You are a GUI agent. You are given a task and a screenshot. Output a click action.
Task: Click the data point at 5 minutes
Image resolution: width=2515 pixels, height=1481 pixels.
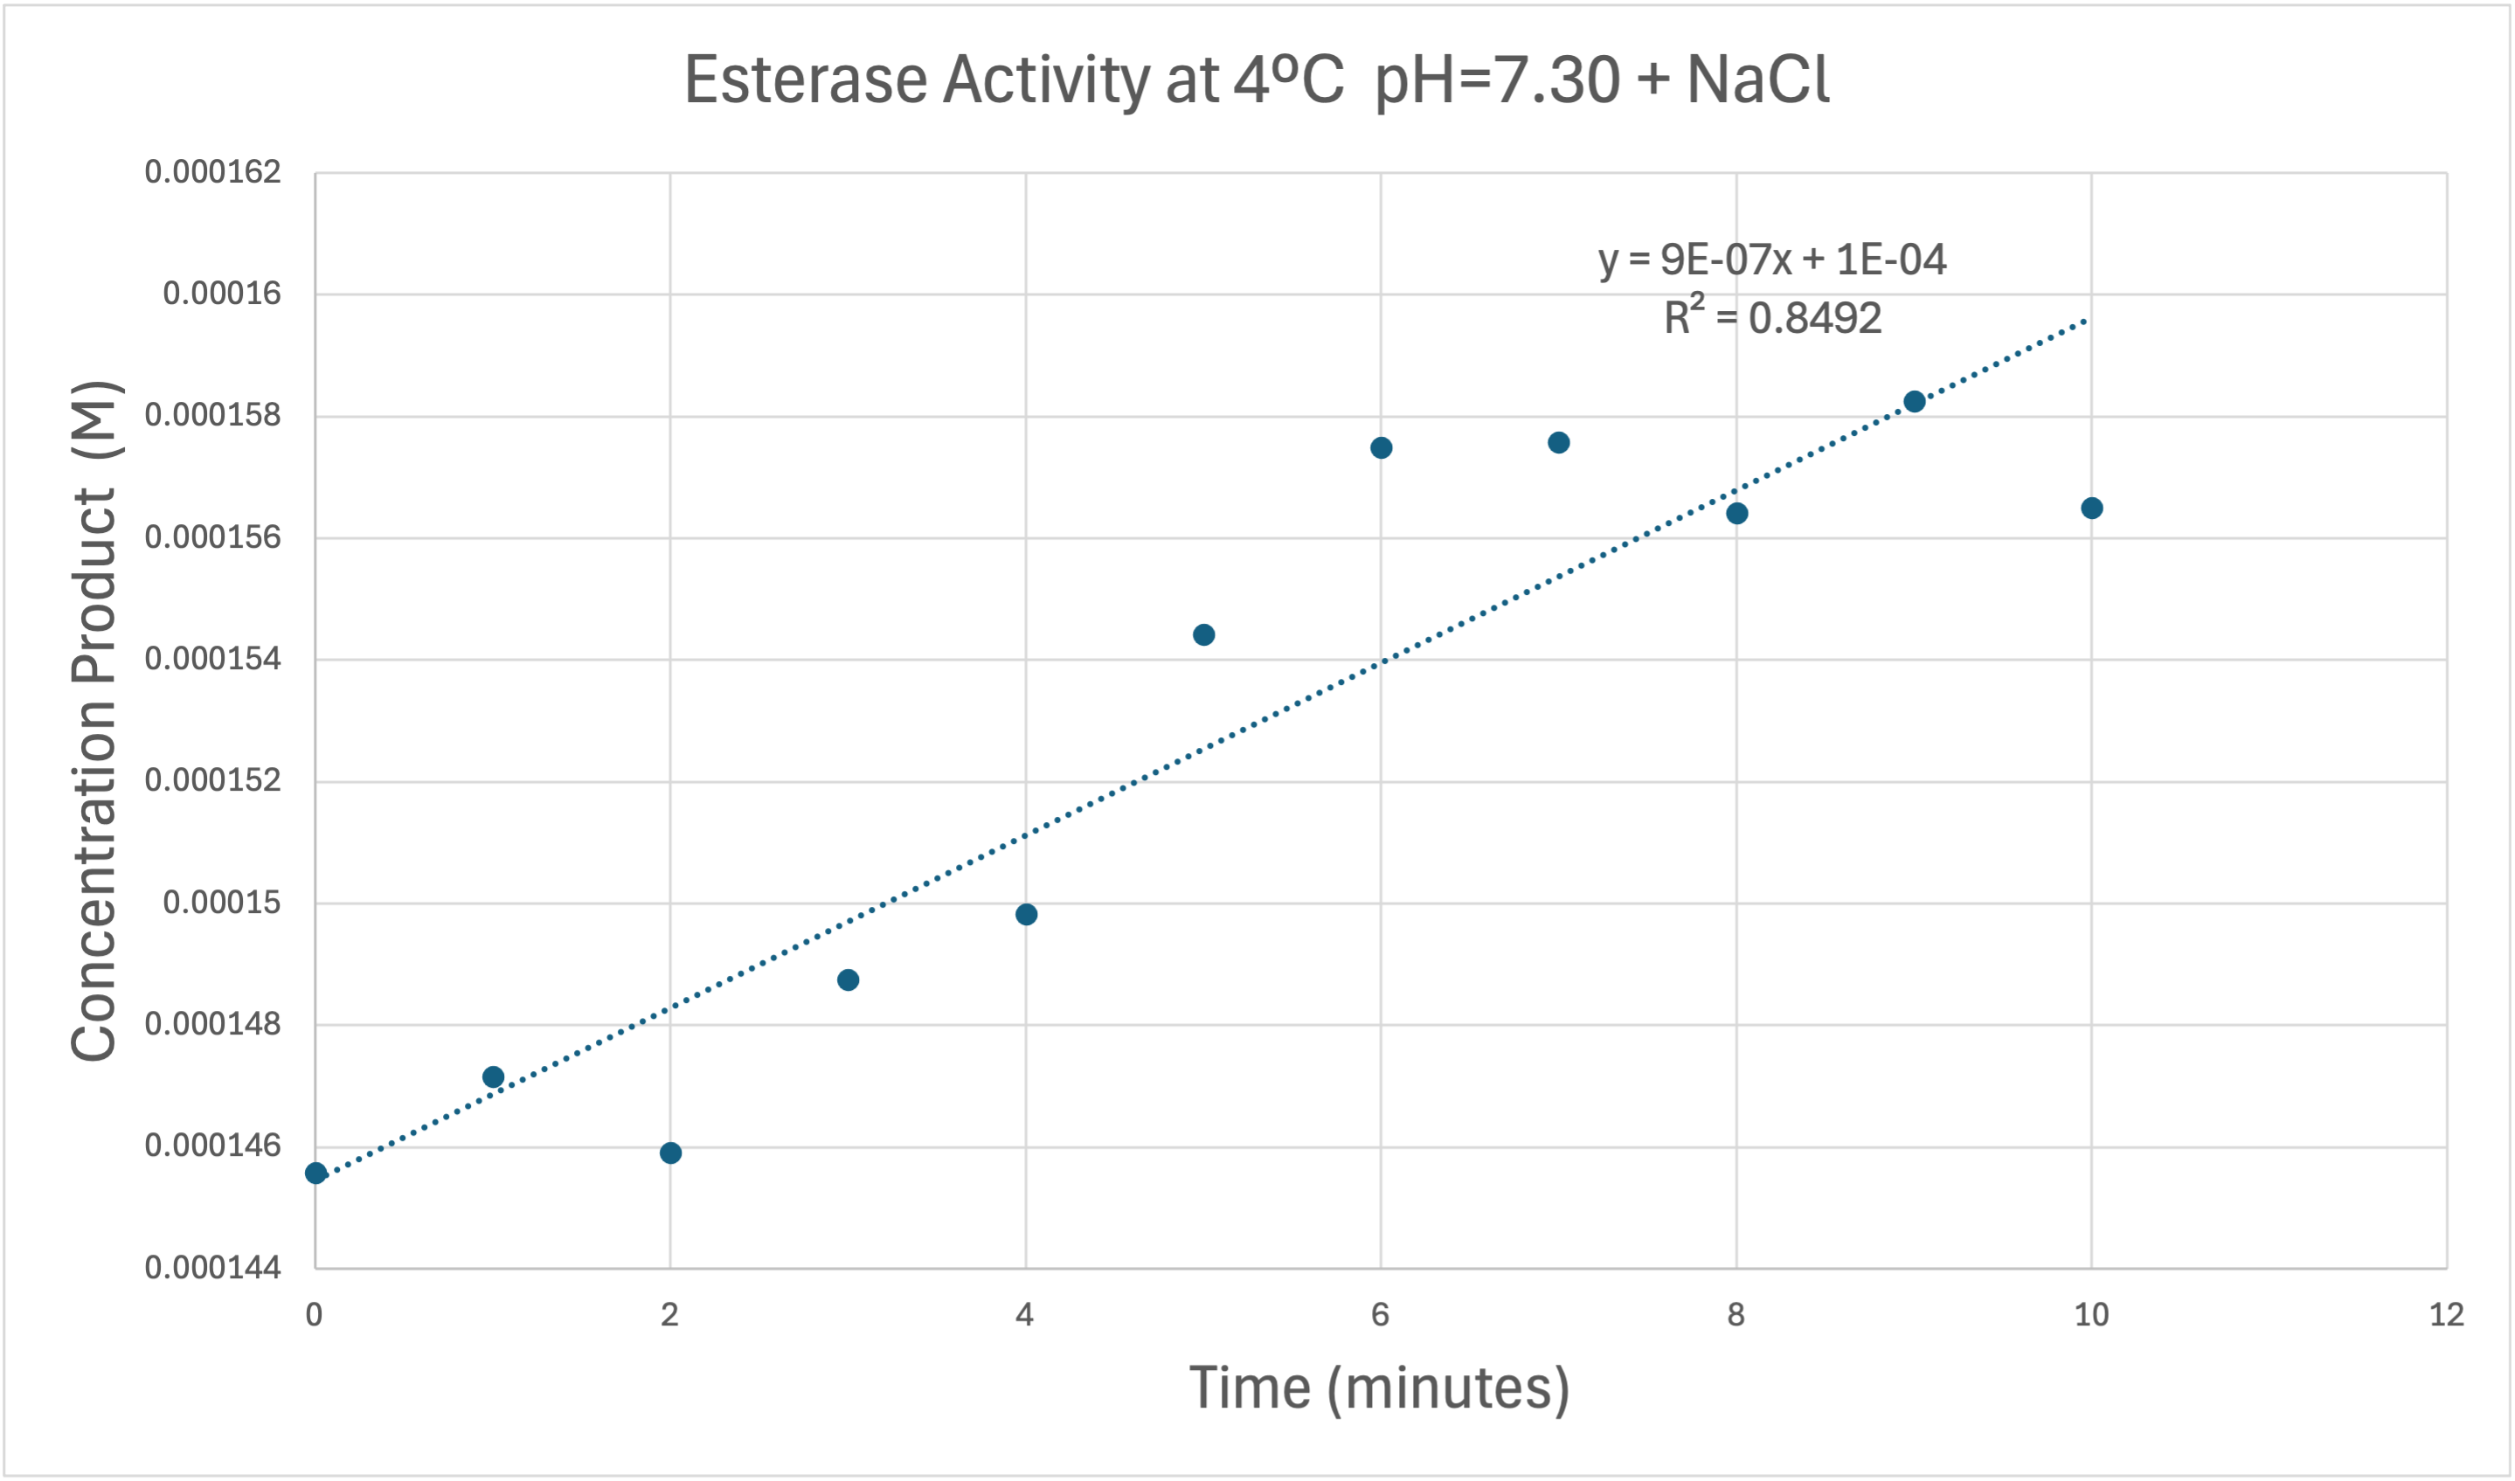[x=1203, y=634]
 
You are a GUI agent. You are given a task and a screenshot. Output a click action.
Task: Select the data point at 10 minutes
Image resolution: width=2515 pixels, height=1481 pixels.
[x=2092, y=508]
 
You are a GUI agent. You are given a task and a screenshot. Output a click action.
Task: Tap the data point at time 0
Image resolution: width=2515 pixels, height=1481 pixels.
[x=315, y=1173]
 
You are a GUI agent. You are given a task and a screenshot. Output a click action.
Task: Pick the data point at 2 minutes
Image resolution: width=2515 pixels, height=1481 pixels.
[x=670, y=1152]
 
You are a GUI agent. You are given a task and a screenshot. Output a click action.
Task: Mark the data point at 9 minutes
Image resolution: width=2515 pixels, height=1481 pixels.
[x=1914, y=401]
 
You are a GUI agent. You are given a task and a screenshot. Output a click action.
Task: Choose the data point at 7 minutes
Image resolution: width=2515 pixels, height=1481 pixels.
[x=1559, y=442]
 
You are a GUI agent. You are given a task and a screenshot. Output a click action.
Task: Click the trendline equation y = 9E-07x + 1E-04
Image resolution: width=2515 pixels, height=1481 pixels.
[x=1771, y=260]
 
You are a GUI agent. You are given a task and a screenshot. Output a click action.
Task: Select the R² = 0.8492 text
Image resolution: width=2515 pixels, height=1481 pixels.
[x=1771, y=317]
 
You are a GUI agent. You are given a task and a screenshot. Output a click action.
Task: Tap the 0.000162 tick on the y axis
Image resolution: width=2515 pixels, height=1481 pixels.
[x=212, y=171]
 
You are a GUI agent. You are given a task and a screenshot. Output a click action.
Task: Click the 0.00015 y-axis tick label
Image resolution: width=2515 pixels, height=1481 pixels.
[x=222, y=903]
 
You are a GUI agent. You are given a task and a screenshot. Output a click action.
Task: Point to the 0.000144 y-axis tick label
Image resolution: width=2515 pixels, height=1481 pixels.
[x=212, y=1268]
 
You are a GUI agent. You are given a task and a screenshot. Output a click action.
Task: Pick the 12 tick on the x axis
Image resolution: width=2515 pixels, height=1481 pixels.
[x=2446, y=1315]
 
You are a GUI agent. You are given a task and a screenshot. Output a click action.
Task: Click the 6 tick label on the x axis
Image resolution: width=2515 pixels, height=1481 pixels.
[x=1380, y=1315]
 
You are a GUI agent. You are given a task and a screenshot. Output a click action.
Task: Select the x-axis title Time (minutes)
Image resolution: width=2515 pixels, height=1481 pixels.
[x=1379, y=1388]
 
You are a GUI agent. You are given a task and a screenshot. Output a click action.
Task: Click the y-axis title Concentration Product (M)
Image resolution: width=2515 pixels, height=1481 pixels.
[x=94, y=721]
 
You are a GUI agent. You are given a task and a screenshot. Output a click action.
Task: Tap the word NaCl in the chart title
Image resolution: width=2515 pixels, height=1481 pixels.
[x=1758, y=80]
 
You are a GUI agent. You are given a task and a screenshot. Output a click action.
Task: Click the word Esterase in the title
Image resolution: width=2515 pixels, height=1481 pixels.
[x=806, y=80]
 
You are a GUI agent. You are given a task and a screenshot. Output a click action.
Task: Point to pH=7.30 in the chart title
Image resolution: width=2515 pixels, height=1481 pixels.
[x=1497, y=80]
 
